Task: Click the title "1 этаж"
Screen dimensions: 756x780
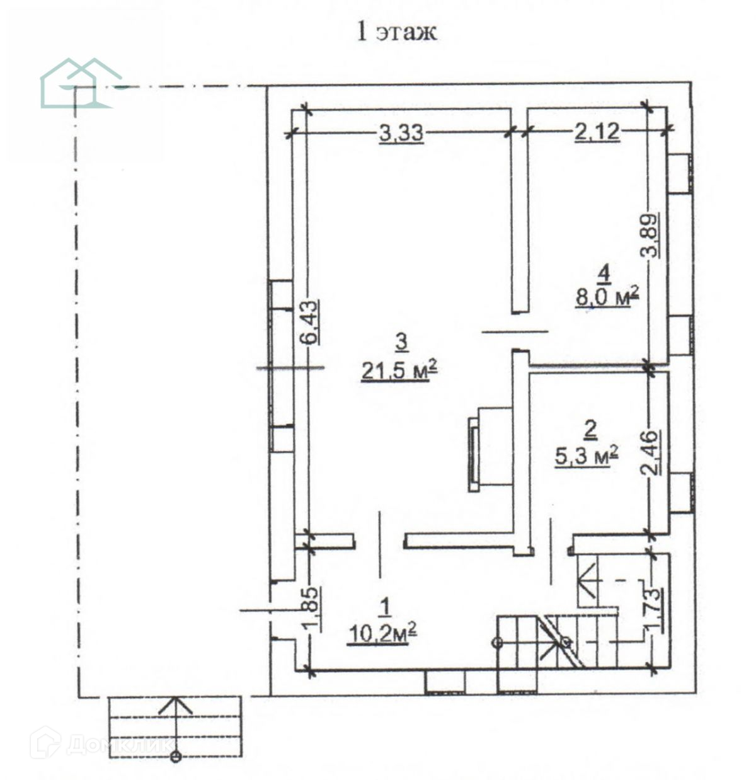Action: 396,31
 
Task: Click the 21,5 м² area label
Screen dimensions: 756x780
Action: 399,371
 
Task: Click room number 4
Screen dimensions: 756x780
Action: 604,274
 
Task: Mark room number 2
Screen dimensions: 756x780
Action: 590,430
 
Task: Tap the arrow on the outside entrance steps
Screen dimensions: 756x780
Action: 176,705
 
